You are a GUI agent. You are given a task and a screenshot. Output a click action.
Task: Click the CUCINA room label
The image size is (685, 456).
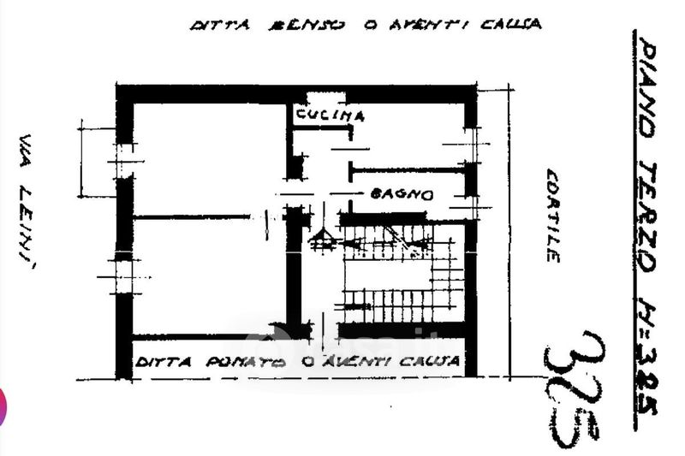click(331, 115)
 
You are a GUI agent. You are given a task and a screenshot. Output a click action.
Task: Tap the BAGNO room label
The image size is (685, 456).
click(402, 194)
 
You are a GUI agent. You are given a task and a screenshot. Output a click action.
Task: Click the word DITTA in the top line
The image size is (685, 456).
click(219, 25)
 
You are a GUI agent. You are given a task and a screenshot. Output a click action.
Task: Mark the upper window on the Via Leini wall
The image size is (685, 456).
click(125, 160)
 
